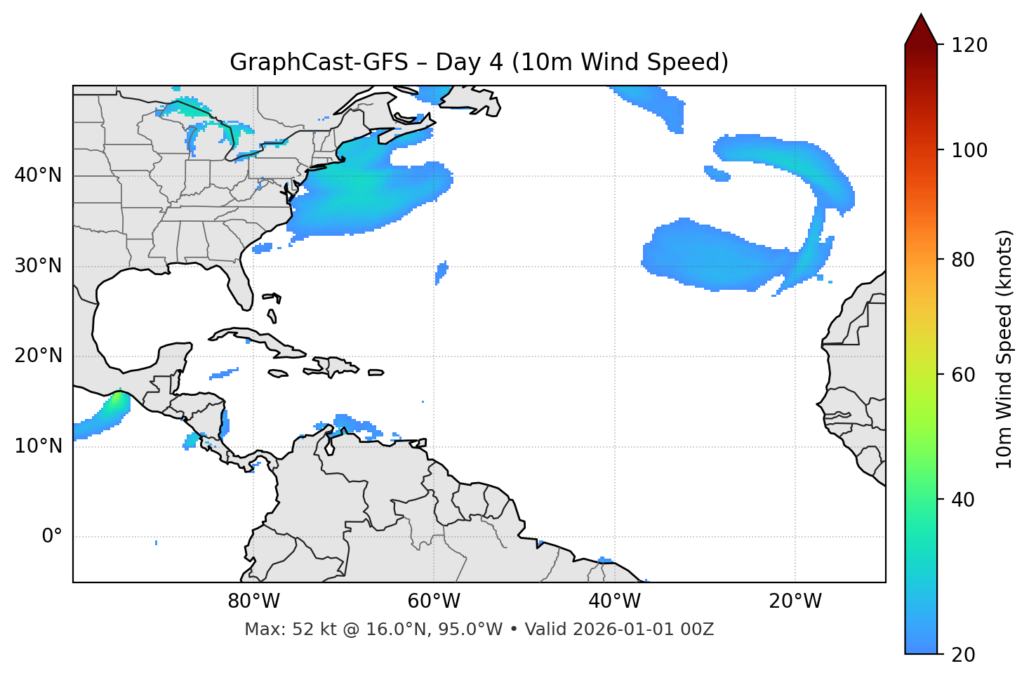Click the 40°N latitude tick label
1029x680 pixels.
38,175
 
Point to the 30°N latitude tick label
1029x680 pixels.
38,266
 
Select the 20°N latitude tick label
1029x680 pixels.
38,356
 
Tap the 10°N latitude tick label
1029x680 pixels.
38,446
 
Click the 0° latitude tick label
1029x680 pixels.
52,537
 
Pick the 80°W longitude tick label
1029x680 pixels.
253,601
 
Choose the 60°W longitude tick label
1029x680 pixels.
434,601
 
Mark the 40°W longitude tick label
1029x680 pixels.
614,601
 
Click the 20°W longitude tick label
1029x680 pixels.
795,601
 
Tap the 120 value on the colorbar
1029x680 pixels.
969,46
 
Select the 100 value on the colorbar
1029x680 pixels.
969,150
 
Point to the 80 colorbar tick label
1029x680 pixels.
963,260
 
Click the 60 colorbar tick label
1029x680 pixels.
963,375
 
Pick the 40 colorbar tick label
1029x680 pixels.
963,500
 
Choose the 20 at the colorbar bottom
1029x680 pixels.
963,655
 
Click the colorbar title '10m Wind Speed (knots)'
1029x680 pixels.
1004,349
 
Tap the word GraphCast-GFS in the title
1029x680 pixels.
319,62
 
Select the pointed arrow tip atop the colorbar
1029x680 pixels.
921,17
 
